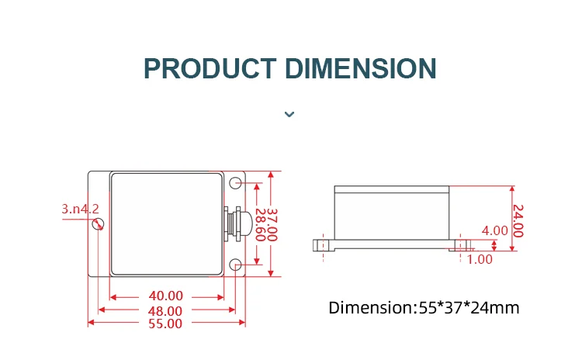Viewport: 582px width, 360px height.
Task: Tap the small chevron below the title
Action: coord(289,114)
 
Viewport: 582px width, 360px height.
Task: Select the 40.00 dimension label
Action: coord(166,296)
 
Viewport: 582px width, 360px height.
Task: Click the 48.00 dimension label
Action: coord(166,310)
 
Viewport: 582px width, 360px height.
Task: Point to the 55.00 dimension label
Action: coord(166,323)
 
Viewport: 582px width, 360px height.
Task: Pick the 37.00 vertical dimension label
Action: coord(272,224)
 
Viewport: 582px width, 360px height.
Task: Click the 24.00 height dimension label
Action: coord(518,220)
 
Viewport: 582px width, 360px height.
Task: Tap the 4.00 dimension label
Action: coord(494,230)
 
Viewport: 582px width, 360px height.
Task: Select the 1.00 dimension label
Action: coord(480,259)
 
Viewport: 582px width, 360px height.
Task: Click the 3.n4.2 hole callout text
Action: coord(80,209)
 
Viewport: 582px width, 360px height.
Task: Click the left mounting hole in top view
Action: coord(99,224)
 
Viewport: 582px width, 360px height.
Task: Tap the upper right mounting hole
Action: coord(236,183)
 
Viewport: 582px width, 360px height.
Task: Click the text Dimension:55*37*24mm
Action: coord(423,307)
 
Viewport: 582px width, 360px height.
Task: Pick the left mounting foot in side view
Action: coord(324,245)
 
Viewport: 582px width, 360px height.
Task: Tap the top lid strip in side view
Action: coord(391,189)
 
